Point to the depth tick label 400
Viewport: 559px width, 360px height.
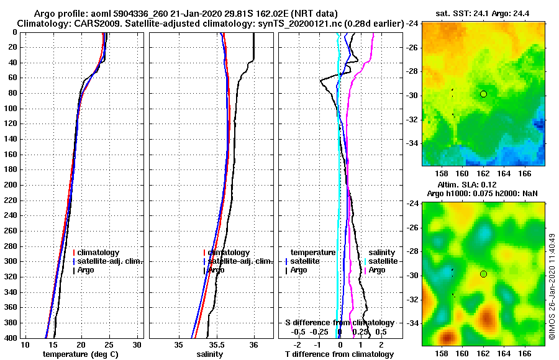(11, 338)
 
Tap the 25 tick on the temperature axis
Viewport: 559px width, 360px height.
(109, 345)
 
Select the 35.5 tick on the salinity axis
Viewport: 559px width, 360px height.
(216, 345)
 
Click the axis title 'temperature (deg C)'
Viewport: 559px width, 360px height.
(80, 354)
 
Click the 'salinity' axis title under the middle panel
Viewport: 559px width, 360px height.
(209, 354)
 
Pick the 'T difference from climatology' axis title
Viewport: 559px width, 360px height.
(339, 354)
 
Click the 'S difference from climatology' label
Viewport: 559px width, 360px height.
(339, 323)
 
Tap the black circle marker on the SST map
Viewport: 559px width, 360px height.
(483, 94)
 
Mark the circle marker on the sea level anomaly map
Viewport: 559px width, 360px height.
(483, 274)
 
